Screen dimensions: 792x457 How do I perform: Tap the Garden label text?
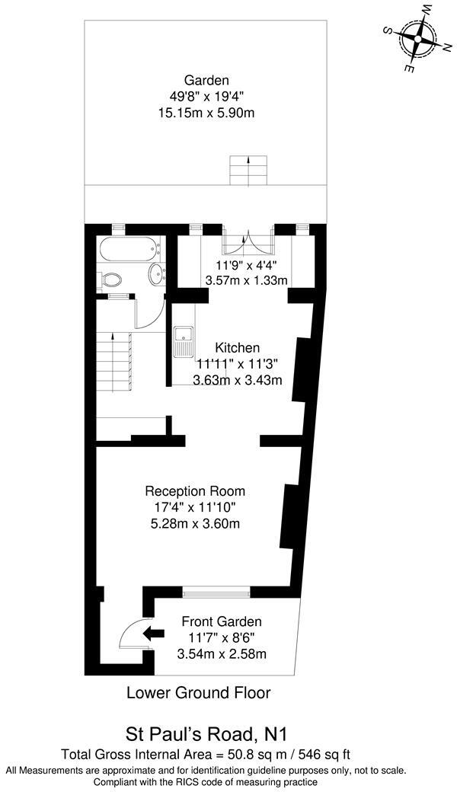(x=206, y=81)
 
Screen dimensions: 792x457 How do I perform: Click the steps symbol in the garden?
(x=248, y=170)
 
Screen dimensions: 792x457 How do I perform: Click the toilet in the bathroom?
(x=110, y=279)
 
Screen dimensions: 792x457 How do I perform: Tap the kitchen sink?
(x=184, y=342)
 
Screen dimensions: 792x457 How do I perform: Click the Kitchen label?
(x=237, y=347)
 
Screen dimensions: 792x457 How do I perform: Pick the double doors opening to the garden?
(x=245, y=243)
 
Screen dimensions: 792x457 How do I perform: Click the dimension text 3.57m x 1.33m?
(x=246, y=280)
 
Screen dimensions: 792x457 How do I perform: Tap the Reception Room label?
(x=195, y=490)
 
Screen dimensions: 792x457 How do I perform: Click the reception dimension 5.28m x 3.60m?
(x=195, y=523)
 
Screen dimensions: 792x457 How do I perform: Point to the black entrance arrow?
(x=155, y=631)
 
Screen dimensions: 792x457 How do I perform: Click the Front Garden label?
(x=221, y=621)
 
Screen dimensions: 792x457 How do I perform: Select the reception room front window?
(x=216, y=590)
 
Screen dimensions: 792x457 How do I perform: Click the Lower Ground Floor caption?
(x=198, y=693)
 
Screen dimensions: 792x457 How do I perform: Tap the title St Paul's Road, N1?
(x=201, y=735)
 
